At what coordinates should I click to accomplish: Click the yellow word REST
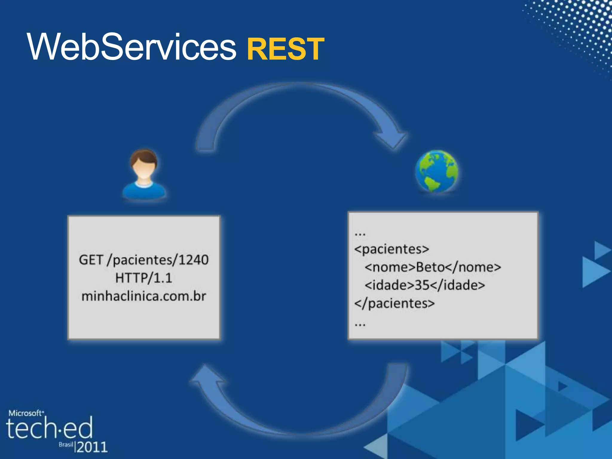tap(285, 49)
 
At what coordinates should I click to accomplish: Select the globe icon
tap(437, 171)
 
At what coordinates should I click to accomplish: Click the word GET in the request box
tap(91, 260)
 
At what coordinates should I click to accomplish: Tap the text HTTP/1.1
tap(144, 278)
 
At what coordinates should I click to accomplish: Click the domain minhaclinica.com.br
tap(144, 296)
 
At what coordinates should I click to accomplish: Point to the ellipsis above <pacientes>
tap(360, 234)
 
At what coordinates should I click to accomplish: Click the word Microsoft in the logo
tap(25, 413)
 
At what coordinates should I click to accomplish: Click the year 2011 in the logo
tap(92, 447)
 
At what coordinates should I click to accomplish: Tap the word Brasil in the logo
tap(66, 445)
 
